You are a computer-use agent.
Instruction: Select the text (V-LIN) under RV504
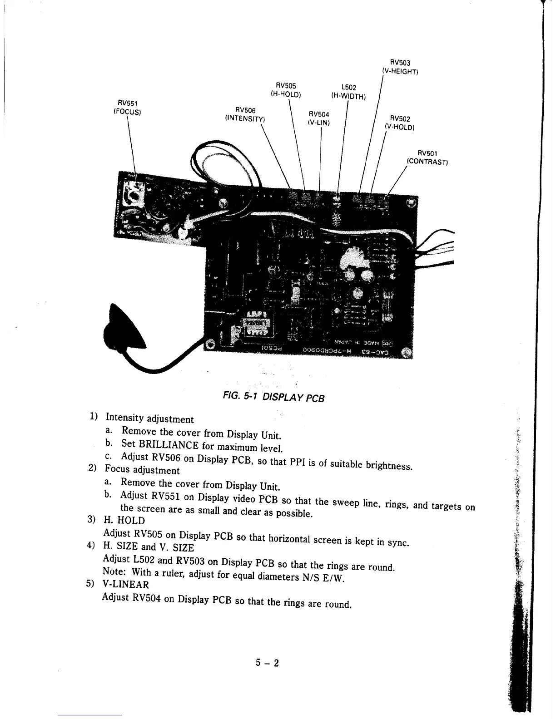[318, 123]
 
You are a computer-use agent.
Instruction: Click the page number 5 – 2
[267, 663]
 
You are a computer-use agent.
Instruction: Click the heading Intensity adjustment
[149, 418]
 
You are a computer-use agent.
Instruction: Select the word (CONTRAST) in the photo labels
[428, 162]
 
